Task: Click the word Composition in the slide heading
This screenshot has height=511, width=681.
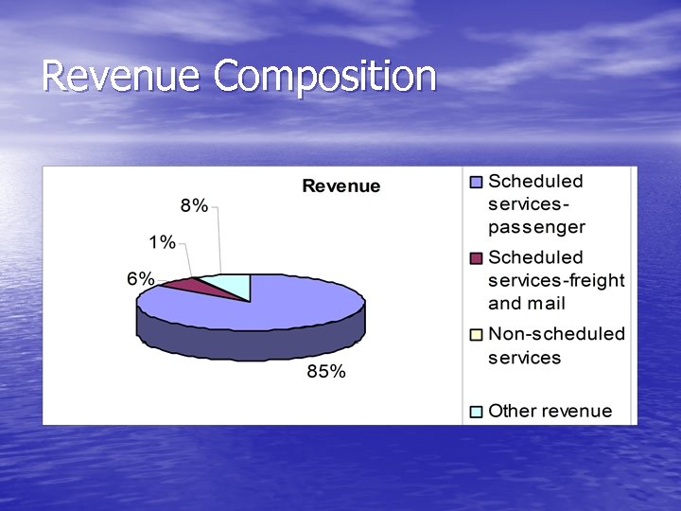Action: tap(325, 78)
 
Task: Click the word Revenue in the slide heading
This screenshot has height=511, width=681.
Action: tap(122, 76)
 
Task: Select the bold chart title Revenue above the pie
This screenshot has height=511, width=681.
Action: tap(340, 186)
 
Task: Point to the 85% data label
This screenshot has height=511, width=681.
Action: tap(325, 372)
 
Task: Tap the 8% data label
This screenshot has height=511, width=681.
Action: tap(194, 206)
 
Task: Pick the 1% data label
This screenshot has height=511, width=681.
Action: tap(161, 242)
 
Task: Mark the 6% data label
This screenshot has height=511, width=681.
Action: tap(141, 278)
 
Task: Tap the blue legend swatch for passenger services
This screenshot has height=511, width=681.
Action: tap(476, 182)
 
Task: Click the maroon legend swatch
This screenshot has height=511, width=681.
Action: tap(476, 258)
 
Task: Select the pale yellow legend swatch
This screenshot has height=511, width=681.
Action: tap(476, 334)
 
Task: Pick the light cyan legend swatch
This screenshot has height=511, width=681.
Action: tap(476, 412)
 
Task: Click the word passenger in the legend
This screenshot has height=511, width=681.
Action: tap(536, 228)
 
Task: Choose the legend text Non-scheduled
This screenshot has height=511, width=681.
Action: tap(556, 334)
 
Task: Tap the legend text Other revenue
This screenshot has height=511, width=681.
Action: tap(550, 411)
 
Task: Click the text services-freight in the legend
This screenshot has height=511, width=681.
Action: tap(556, 281)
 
